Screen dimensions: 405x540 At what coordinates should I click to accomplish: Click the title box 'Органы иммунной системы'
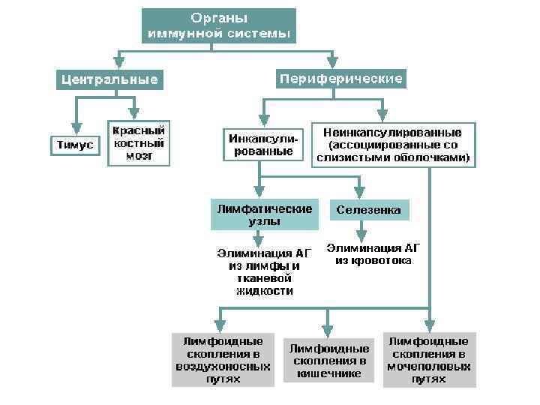(x=219, y=26)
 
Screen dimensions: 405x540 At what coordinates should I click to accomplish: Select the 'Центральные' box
(x=109, y=79)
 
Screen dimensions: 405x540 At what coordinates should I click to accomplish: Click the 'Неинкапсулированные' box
(x=393, y=144)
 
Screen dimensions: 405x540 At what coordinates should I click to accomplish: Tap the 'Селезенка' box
(x=369, y=211)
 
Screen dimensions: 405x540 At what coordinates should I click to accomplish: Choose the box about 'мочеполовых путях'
(x=429, y=360)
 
